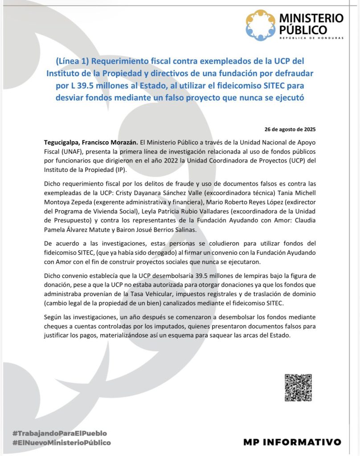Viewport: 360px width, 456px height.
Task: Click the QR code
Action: tap(299, 387)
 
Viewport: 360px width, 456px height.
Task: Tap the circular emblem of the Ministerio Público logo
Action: tap(261, 24)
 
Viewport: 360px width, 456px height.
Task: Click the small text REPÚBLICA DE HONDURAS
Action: tap(311, 38)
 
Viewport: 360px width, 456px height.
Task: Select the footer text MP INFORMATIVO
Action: tap(292, 442)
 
